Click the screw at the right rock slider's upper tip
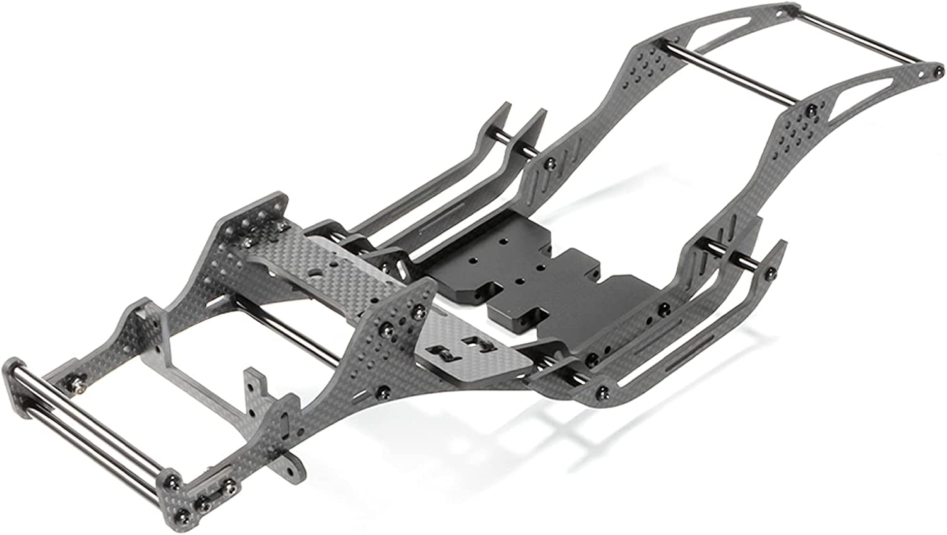(771, 274)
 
